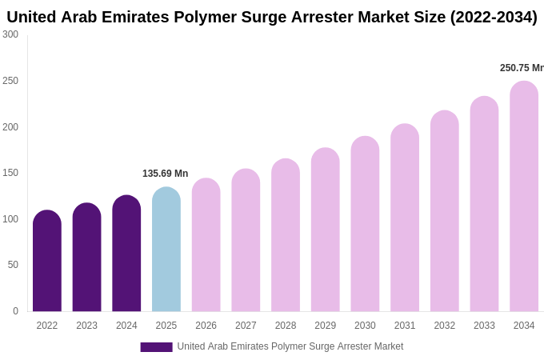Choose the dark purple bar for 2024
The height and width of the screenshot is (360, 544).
pyautogui.click(x=126, y=254)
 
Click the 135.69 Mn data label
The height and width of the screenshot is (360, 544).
pyautogui.click(x=165, y=174)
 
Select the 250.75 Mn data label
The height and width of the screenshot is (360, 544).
pyautogui.click(x=522, y=68)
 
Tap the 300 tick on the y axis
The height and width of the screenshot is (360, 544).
pyautogui.click(x=10, y=34)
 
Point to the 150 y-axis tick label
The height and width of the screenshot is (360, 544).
pyautogui.click(x=10, y=173)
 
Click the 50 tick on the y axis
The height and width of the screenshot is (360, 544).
pyautogui.click(x=13, y=265)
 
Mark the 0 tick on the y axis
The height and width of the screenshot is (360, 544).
pyautogui.click(x=15, y=311)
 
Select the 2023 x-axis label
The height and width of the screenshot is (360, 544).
pyautogui.click(x=86, y=326)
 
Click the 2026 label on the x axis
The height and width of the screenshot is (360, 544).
pyautogui.click(x=206, y=326)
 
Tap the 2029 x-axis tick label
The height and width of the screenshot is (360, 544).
pyautogui.click(x=325, y=326)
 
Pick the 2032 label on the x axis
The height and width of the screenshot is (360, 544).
pyautogui.click(x=444, y=326)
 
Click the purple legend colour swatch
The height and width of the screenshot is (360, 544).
pyautogui.click(x=156, y=347)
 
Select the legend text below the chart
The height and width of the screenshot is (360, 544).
pyautogui.click(x=290, y=346)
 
